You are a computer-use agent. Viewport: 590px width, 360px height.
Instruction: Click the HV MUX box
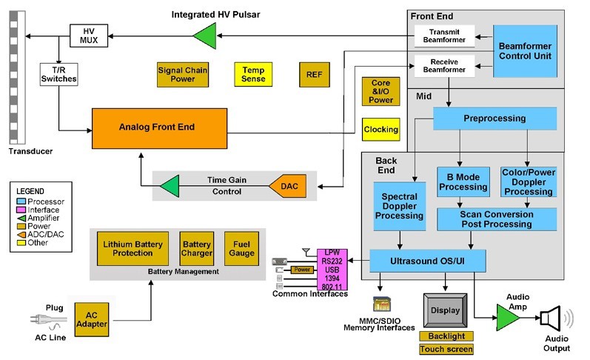(x=89, y=34)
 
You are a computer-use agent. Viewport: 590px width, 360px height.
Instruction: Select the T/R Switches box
(x=58, y=74)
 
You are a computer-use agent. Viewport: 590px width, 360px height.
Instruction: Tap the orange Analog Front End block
(x=158, y=127)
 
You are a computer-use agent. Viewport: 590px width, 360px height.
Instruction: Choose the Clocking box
(x=381, y=130)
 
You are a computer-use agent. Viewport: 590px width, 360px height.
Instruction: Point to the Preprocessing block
(x=495, y=119)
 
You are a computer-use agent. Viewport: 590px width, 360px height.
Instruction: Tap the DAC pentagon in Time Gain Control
(x=286, y=185)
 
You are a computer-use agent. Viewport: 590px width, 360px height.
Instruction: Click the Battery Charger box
(x=196, y=248)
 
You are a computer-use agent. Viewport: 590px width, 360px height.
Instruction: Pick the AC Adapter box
(x=92, y=320)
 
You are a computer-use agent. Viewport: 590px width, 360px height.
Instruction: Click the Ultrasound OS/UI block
(x=427, y=261)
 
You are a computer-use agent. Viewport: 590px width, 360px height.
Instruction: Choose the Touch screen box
(x=446, y=349)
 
